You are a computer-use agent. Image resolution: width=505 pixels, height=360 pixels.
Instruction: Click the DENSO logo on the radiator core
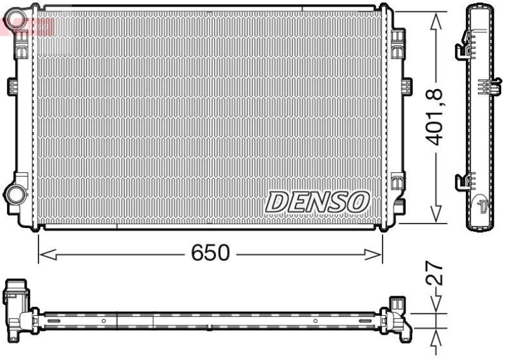click(x=317, y=201)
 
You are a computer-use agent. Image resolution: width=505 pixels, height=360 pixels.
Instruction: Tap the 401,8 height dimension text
click(x=436, y=118)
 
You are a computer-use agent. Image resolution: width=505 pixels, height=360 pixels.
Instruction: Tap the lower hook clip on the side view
click(x=461, y=181)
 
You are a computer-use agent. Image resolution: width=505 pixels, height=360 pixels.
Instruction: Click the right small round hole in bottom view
click(x=315, y=321)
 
